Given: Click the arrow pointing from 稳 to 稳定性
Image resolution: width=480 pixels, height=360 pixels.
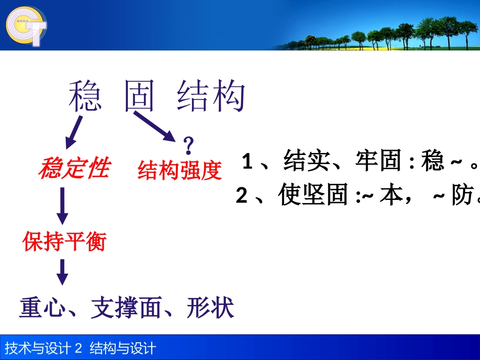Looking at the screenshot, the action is tap(74, 131).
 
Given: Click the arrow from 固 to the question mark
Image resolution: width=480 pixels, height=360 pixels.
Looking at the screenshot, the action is tap(154, 126).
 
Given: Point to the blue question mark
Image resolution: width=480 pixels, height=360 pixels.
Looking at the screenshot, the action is tap(189, 146).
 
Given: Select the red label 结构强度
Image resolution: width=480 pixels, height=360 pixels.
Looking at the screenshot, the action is tap(180, 171).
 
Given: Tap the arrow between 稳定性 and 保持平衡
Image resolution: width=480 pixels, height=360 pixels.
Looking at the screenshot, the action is tap(62, 205).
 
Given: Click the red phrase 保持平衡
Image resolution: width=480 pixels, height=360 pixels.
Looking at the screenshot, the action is tap(64, 242).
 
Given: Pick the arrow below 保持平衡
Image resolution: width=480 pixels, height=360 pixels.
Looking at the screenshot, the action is tap(62, 272).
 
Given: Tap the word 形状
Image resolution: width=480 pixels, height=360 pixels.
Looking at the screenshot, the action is tap(210, 307).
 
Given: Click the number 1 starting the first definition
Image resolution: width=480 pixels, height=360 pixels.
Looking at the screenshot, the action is tap(247, 163).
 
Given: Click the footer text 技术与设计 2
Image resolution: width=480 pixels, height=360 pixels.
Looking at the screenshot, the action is tap(43, 348).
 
